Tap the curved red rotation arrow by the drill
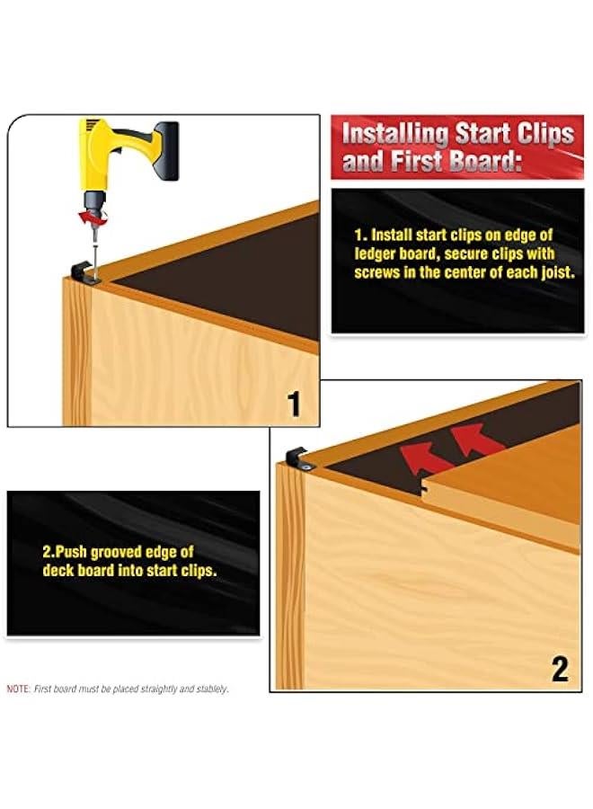click(x=88, y=217)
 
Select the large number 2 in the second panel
click(x=559, y=669)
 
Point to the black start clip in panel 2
click(x=297, y=457)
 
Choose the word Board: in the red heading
click(x=499, y=163)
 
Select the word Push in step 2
click(x=73, y=551)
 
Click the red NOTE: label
click(x=18, y=689)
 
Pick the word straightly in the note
click(x=153, y=689)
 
